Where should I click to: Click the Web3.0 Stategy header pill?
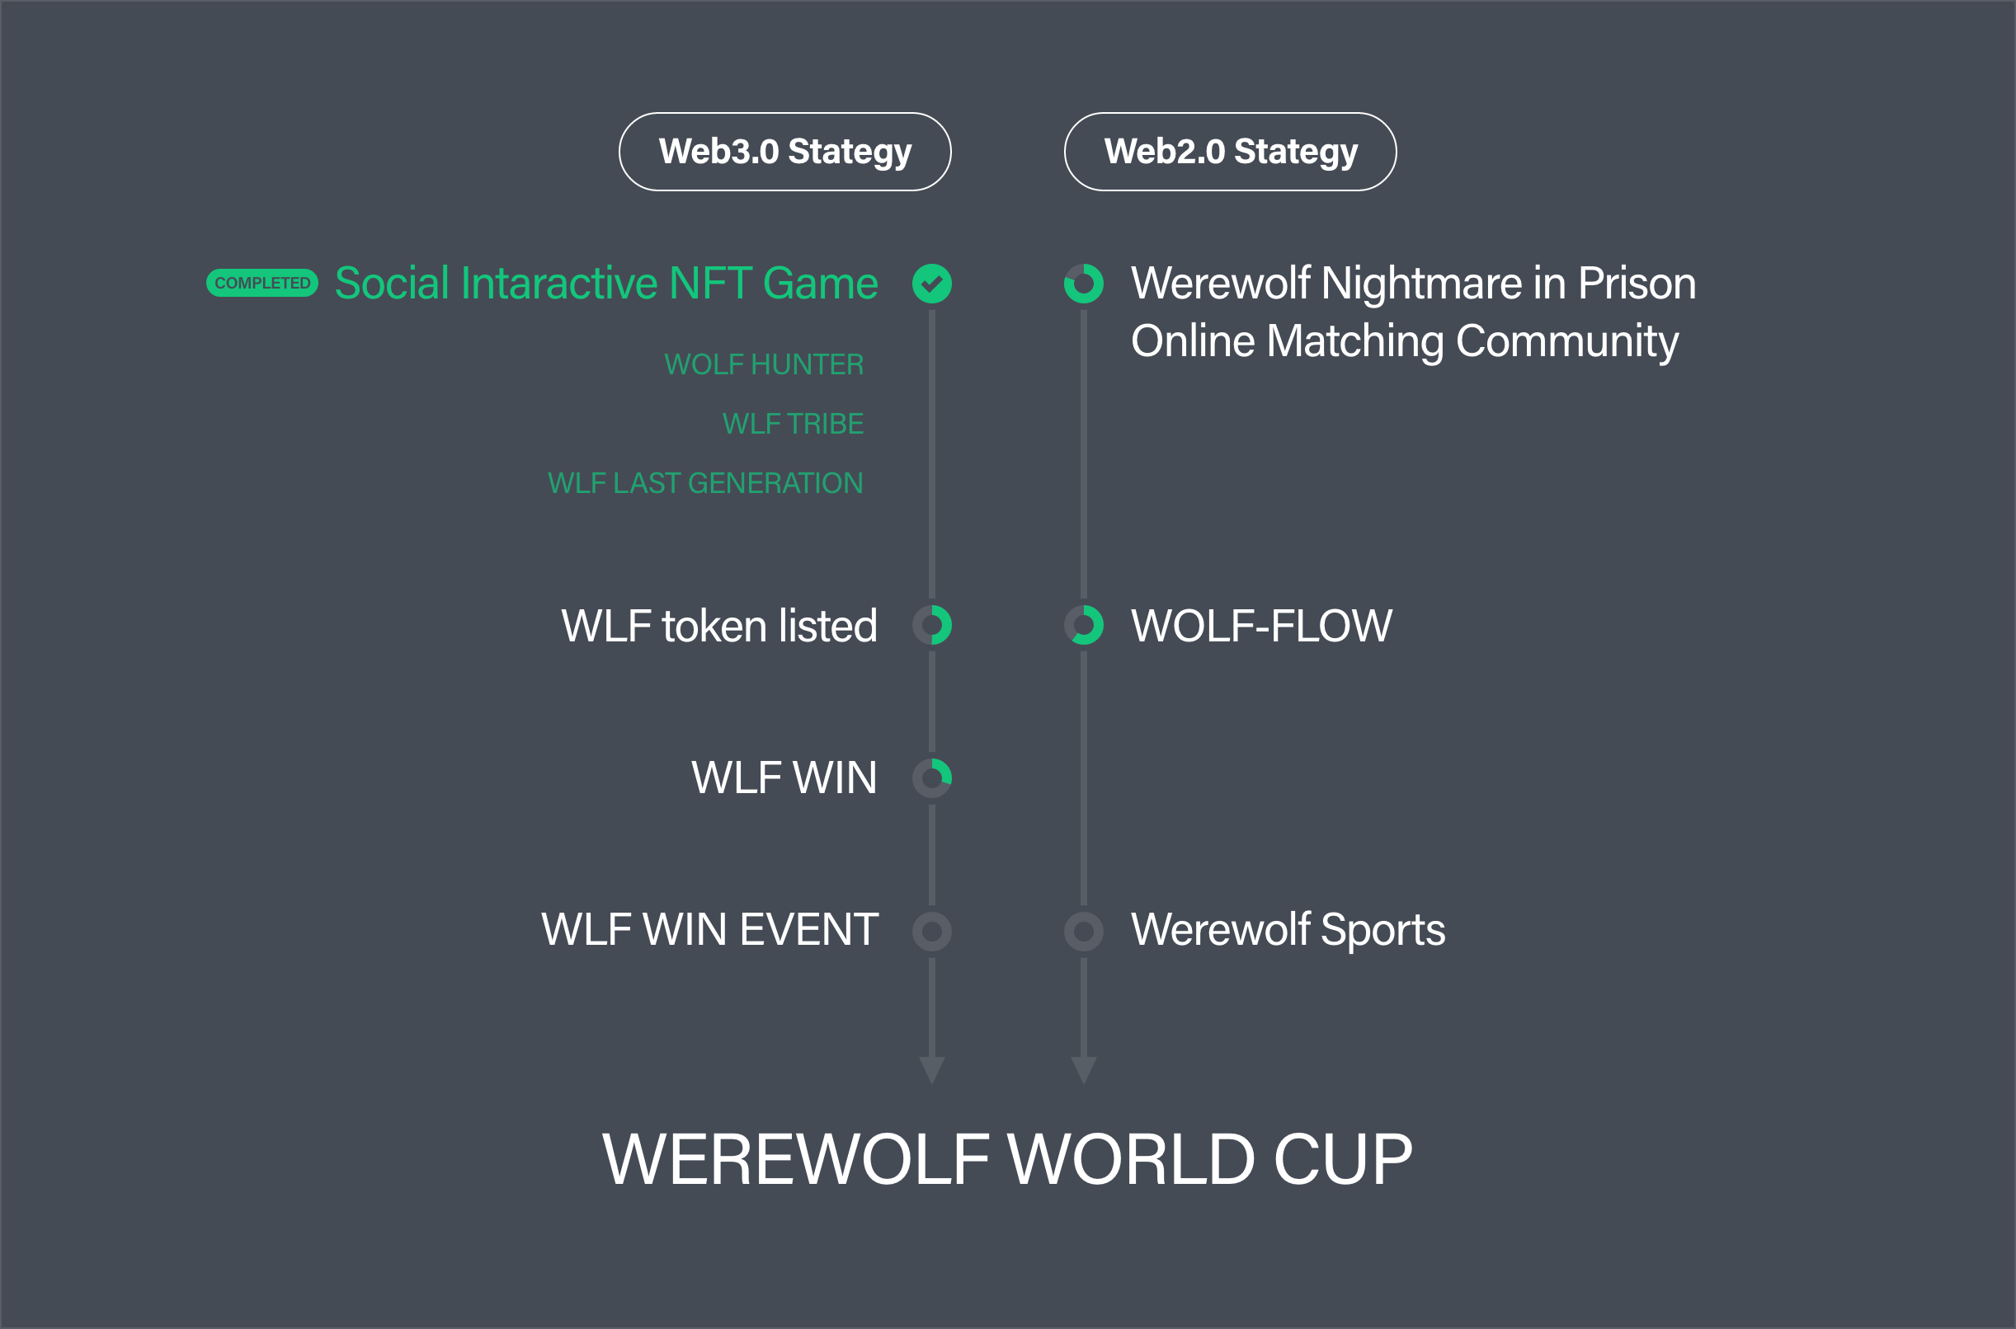(785, 152)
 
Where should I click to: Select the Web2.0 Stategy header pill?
(1230, 152)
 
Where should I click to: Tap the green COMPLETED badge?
(262, 283)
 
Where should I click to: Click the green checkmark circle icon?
(932, 283)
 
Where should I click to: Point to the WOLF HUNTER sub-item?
(764, 364)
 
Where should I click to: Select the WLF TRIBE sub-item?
(793, 424)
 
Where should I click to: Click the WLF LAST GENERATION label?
(705, 483)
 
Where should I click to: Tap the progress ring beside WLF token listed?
(932, 626)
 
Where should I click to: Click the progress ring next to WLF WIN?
(932, 778)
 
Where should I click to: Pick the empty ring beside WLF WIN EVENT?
(932, 932)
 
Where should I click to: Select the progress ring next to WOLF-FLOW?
(1083, 626)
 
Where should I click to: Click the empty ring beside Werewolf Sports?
(1083, 932)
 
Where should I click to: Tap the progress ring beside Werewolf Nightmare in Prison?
(1083, 283)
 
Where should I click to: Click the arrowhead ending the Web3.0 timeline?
(932, 1069)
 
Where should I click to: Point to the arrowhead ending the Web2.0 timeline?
(1083, 1069)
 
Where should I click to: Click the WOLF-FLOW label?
(1261, 627)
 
